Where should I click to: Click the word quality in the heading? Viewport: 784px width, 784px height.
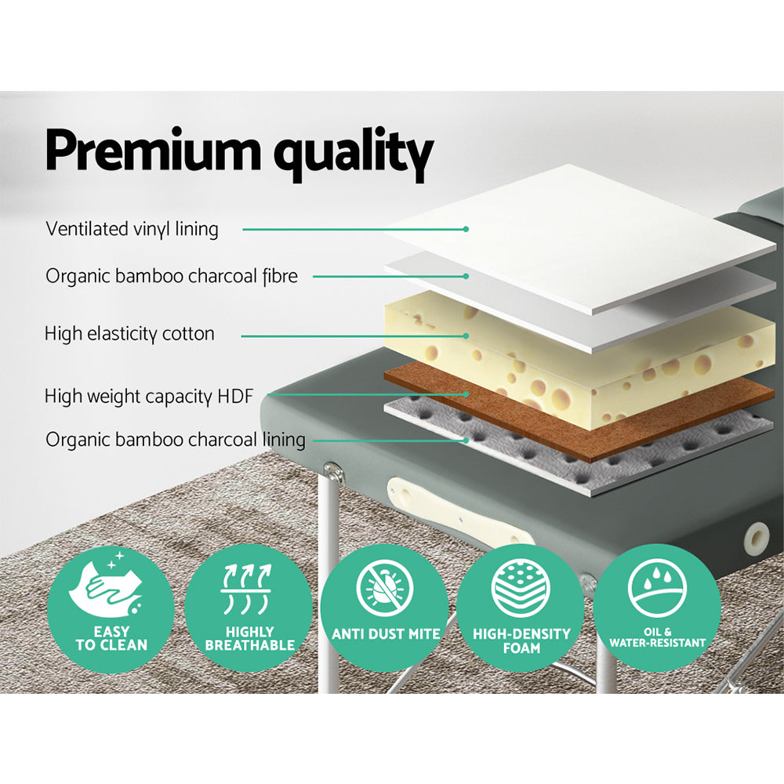pos(353,155)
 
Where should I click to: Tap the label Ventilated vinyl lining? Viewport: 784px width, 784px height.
pos(132,229)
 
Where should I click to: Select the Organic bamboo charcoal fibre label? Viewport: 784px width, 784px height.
pos(171,276)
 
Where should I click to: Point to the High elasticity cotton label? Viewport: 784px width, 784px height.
pos(129,334)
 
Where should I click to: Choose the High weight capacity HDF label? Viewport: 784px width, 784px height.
pos(149,397)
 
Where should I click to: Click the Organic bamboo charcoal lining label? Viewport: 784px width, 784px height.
pos(175,439)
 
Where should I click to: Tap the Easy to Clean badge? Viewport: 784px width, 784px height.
pos(111,611)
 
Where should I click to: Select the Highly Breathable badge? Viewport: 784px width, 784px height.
pos(249,611)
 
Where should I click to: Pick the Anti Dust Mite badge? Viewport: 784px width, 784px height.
pos(385,611)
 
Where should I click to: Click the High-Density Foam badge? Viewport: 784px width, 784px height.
pos(521,611)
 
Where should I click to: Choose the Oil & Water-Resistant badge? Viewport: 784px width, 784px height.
pos(658,611)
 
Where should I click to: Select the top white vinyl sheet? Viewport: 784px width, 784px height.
pos(580,235)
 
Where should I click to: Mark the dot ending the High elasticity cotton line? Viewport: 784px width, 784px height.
pos(466,336)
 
